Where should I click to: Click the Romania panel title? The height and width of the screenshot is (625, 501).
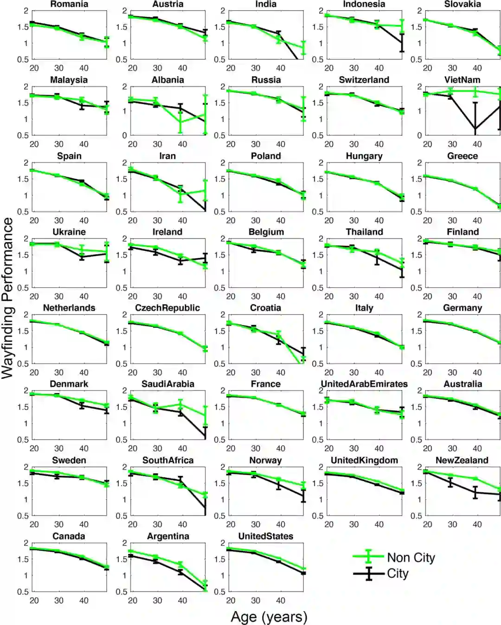[69, 4]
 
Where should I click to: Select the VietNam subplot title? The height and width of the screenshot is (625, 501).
[462, 80]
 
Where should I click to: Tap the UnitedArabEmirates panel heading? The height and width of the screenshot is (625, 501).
[364, 384]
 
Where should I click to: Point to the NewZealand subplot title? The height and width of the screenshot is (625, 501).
[462, 460]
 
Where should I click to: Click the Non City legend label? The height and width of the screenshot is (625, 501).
[411, 558]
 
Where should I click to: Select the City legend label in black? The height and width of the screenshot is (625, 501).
[398, 573]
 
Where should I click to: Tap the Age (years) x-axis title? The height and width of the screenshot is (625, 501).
[269, 617]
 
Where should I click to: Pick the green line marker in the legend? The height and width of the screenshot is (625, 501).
[368, 556]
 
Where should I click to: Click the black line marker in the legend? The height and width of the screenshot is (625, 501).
[368, 573]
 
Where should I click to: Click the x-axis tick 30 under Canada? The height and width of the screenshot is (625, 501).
[59, 600]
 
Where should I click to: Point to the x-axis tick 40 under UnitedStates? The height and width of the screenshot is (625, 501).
[281, 600]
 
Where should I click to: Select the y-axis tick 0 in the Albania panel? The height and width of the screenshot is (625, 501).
[124, 136]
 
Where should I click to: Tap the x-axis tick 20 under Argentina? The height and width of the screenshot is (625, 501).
[133, 600]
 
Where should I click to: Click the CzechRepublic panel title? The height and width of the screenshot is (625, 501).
[167, 308]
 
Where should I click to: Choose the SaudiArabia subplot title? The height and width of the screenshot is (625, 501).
[167, 384]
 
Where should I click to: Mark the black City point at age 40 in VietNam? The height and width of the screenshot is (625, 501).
[475, 129]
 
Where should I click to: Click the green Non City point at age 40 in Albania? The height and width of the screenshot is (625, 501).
[180, 122]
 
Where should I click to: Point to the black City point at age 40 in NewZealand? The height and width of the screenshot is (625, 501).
[475, 492]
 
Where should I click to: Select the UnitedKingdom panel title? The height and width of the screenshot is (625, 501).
[364, 460]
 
